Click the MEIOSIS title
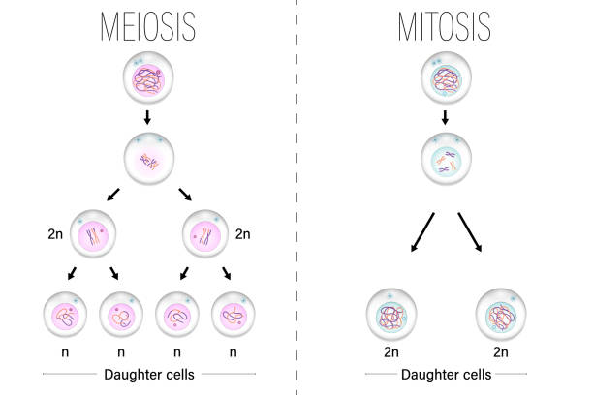tap(147, 26)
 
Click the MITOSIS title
tap(443, 26)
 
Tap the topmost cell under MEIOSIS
tap(148, 81)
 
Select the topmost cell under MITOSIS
tap(443, 81)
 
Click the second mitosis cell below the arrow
tap(443, 159)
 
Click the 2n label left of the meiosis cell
tap(54, 233)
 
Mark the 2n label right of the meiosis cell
tap(242, 233)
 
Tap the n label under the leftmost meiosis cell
tap(66, 352)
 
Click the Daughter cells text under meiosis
tap(148, 373)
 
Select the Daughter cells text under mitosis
tap(443, 373)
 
